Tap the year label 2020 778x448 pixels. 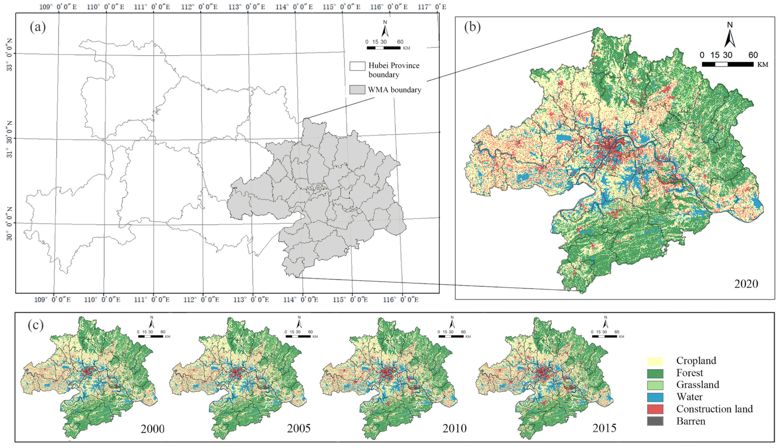tap(746, 284)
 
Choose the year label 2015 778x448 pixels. tap(604, 428)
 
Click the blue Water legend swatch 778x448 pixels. tap(655, 397)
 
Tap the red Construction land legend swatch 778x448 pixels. tap(655, 409)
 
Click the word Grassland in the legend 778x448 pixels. tap(697, 385)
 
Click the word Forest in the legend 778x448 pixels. tap(689, 373)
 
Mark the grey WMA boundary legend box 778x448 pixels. tap(357, 90)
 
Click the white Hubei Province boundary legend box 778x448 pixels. tap(357, 66)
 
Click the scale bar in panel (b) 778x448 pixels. tap(728, 64)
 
